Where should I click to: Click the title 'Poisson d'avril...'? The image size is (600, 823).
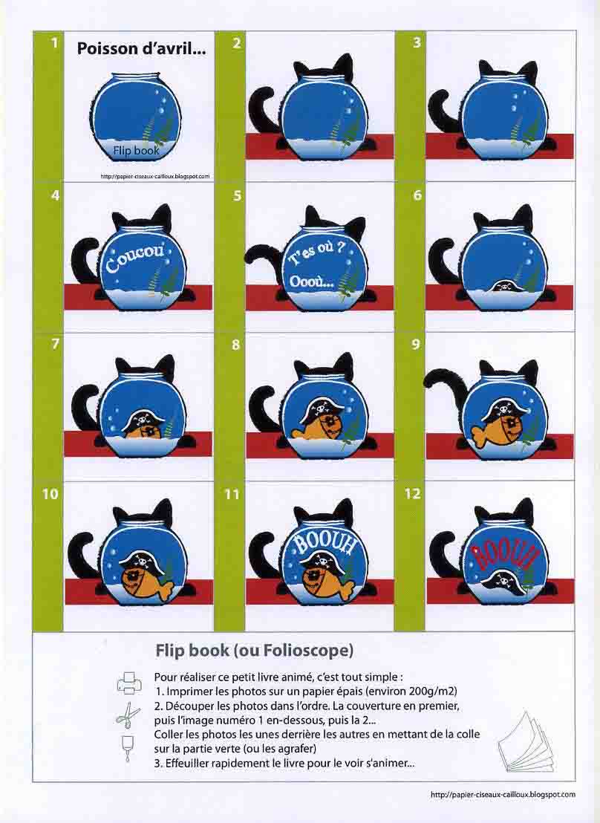tap(141, 49)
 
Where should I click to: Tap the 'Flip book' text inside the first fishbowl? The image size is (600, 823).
tap(136, 151)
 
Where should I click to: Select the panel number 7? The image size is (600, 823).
tap(55, 345)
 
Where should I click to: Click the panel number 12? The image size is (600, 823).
tap(413, 494)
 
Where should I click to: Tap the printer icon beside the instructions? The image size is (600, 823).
tap(128, 683)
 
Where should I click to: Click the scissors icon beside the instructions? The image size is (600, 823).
tap(128, 715)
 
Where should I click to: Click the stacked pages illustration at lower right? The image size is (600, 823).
tap(525, 741)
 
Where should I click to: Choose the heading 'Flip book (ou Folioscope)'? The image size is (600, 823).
tap(254, 651)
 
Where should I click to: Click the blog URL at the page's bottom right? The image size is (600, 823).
tap(503, 795)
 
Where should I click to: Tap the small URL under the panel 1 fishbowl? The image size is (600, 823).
tap(155, 176)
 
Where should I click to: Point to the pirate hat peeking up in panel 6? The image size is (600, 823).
tap(503, 287)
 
